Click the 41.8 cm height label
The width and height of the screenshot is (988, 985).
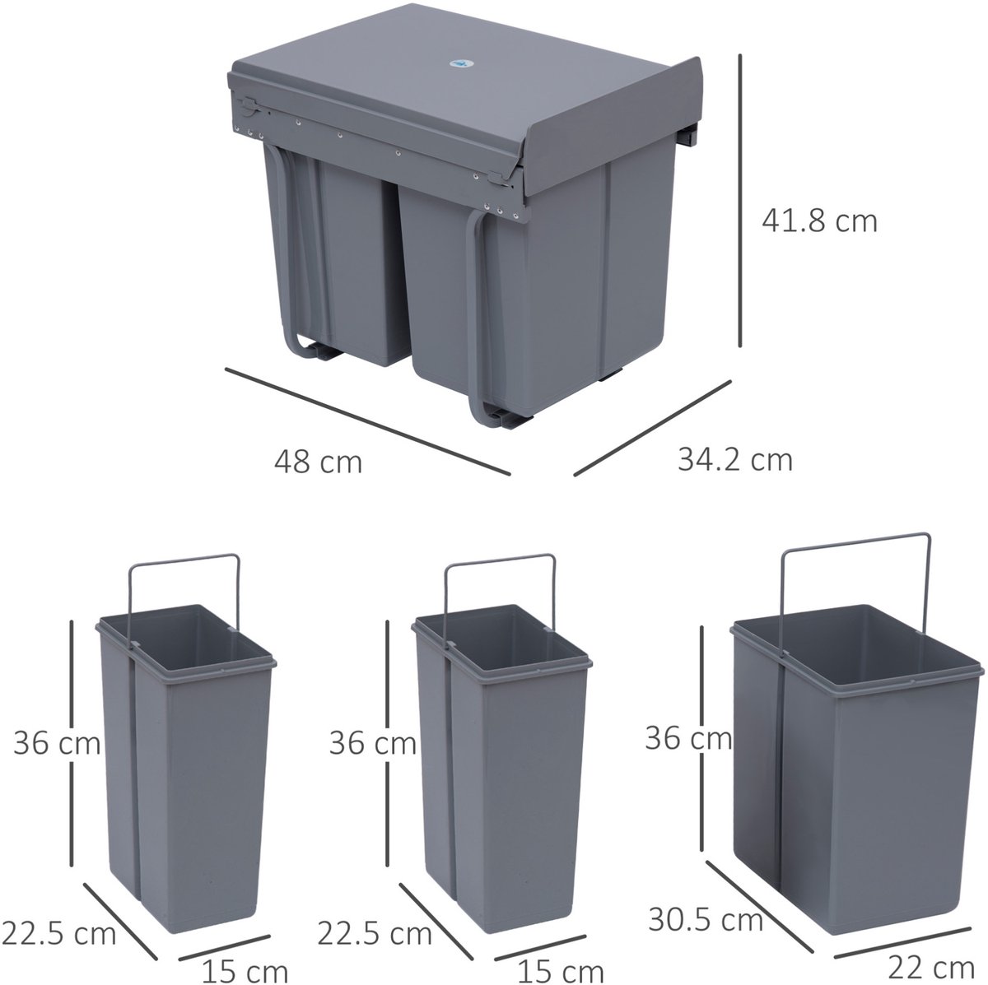(819, 222)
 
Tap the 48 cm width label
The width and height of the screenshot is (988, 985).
(318, 462)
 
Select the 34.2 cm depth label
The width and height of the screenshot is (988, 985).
(735, 459)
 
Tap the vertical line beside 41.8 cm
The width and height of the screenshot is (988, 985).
(740, 201)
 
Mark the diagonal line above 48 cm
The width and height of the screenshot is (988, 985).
(367, 420)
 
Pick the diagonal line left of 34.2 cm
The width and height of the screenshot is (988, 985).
(652, 427)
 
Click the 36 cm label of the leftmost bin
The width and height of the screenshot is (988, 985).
(57, 743)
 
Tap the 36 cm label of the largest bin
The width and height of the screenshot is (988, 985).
(688, 738)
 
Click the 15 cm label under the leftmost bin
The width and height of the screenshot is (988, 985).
(245, 969)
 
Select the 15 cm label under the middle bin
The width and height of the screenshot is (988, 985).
(561, 969)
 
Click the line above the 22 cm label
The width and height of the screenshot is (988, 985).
(902, 927)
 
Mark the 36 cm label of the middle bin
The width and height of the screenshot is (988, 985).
(373, 743)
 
